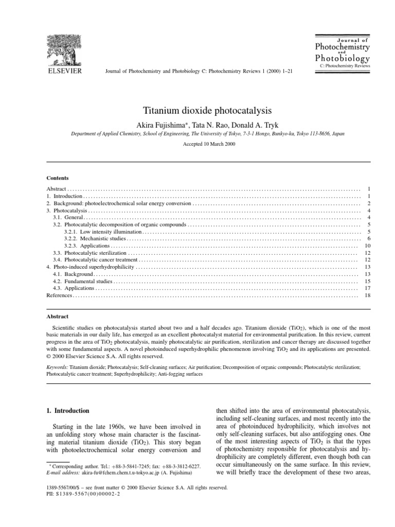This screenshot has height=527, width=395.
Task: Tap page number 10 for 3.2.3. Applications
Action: tap(367, 246)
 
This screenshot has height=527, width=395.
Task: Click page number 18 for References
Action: tap(367, 295)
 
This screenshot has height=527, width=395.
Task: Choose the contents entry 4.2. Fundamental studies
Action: tap(82, 282)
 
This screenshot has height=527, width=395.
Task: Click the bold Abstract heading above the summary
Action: tap(58, 317)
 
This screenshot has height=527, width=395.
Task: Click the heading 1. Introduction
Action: tap(68, 411)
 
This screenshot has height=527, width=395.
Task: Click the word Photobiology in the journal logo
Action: tap(342, 57)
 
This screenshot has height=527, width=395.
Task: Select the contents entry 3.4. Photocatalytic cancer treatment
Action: tap(95, 260)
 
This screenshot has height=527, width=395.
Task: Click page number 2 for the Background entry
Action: tap(369, 204)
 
